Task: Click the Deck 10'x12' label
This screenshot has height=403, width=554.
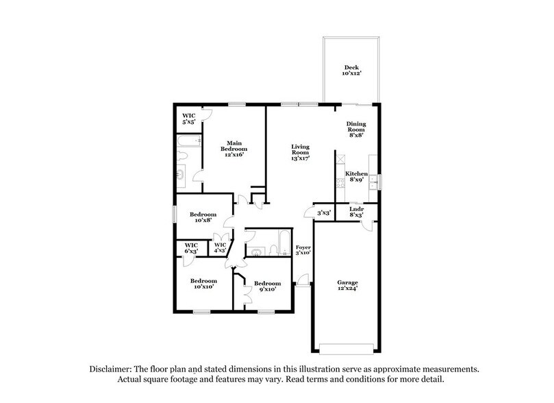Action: click(x=352, y=70)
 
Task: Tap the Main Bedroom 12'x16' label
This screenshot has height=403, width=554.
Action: click(x=233, y=149)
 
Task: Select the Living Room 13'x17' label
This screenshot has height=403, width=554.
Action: click(x=301, y=152)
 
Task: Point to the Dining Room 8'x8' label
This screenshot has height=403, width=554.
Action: click(x=356, y=129)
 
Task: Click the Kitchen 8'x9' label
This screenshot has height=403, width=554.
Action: click(x=356, y=177)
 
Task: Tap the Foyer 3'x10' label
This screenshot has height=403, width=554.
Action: click(x=303, y=249)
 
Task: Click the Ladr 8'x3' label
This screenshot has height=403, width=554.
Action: click(x=356, y=212)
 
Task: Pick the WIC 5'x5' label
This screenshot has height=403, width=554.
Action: click(x=188, y=118)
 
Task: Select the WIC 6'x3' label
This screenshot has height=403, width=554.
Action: click(x=191, y=247)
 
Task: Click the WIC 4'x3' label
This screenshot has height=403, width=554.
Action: click(x=221, y=247)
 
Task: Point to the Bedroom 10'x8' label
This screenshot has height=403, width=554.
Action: click(x=203, y=217)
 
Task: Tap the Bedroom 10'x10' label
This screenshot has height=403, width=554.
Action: click(x=203, y=284)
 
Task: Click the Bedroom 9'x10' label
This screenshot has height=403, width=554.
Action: click(x=267, y=286)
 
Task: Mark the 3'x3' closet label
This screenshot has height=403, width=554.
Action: click(x=323, y=213)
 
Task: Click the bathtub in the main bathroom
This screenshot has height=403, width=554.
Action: click(x=189, y=141)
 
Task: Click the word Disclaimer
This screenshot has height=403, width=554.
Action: click(x=113, y=369)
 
